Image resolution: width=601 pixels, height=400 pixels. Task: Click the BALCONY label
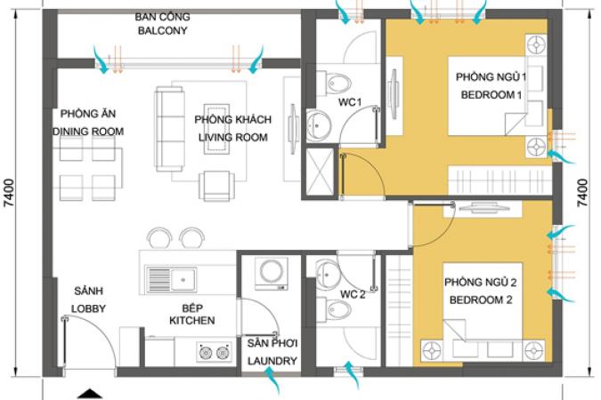click(x=163, y=30)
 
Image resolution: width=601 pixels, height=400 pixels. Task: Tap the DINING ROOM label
click(x=88, y=132)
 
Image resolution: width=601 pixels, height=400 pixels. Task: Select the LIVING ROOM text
click(x=233, y=138)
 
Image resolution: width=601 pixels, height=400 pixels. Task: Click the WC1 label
click(x=350, y=102)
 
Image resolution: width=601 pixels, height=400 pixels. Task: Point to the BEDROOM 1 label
click(x=491, y=95)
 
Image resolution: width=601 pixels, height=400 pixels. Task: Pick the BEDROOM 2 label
click(x=481, y=300)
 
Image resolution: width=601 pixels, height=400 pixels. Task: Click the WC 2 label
click(x=353, y=294)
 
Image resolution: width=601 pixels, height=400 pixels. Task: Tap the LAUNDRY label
click(x=272, y=361)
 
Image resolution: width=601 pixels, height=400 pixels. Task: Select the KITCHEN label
click(x=192, y=320)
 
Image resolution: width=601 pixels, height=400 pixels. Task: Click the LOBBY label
click(x=88, y=309)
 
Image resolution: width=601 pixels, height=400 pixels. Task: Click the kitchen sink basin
click(x=183, y=280)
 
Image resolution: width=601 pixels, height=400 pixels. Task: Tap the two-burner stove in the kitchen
click(x=215, y=352)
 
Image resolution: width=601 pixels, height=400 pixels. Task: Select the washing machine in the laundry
click(x=272, y=273)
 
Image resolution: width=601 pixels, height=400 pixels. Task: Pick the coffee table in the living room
click(x=216, y=129)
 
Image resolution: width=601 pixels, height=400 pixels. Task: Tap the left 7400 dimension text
click(x=8, y=193)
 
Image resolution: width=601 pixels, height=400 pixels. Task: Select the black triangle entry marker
click(x=91, y=395)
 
